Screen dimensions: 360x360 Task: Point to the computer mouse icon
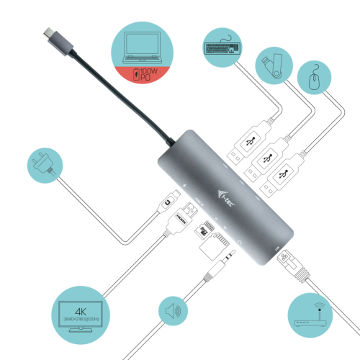(315, 77)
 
